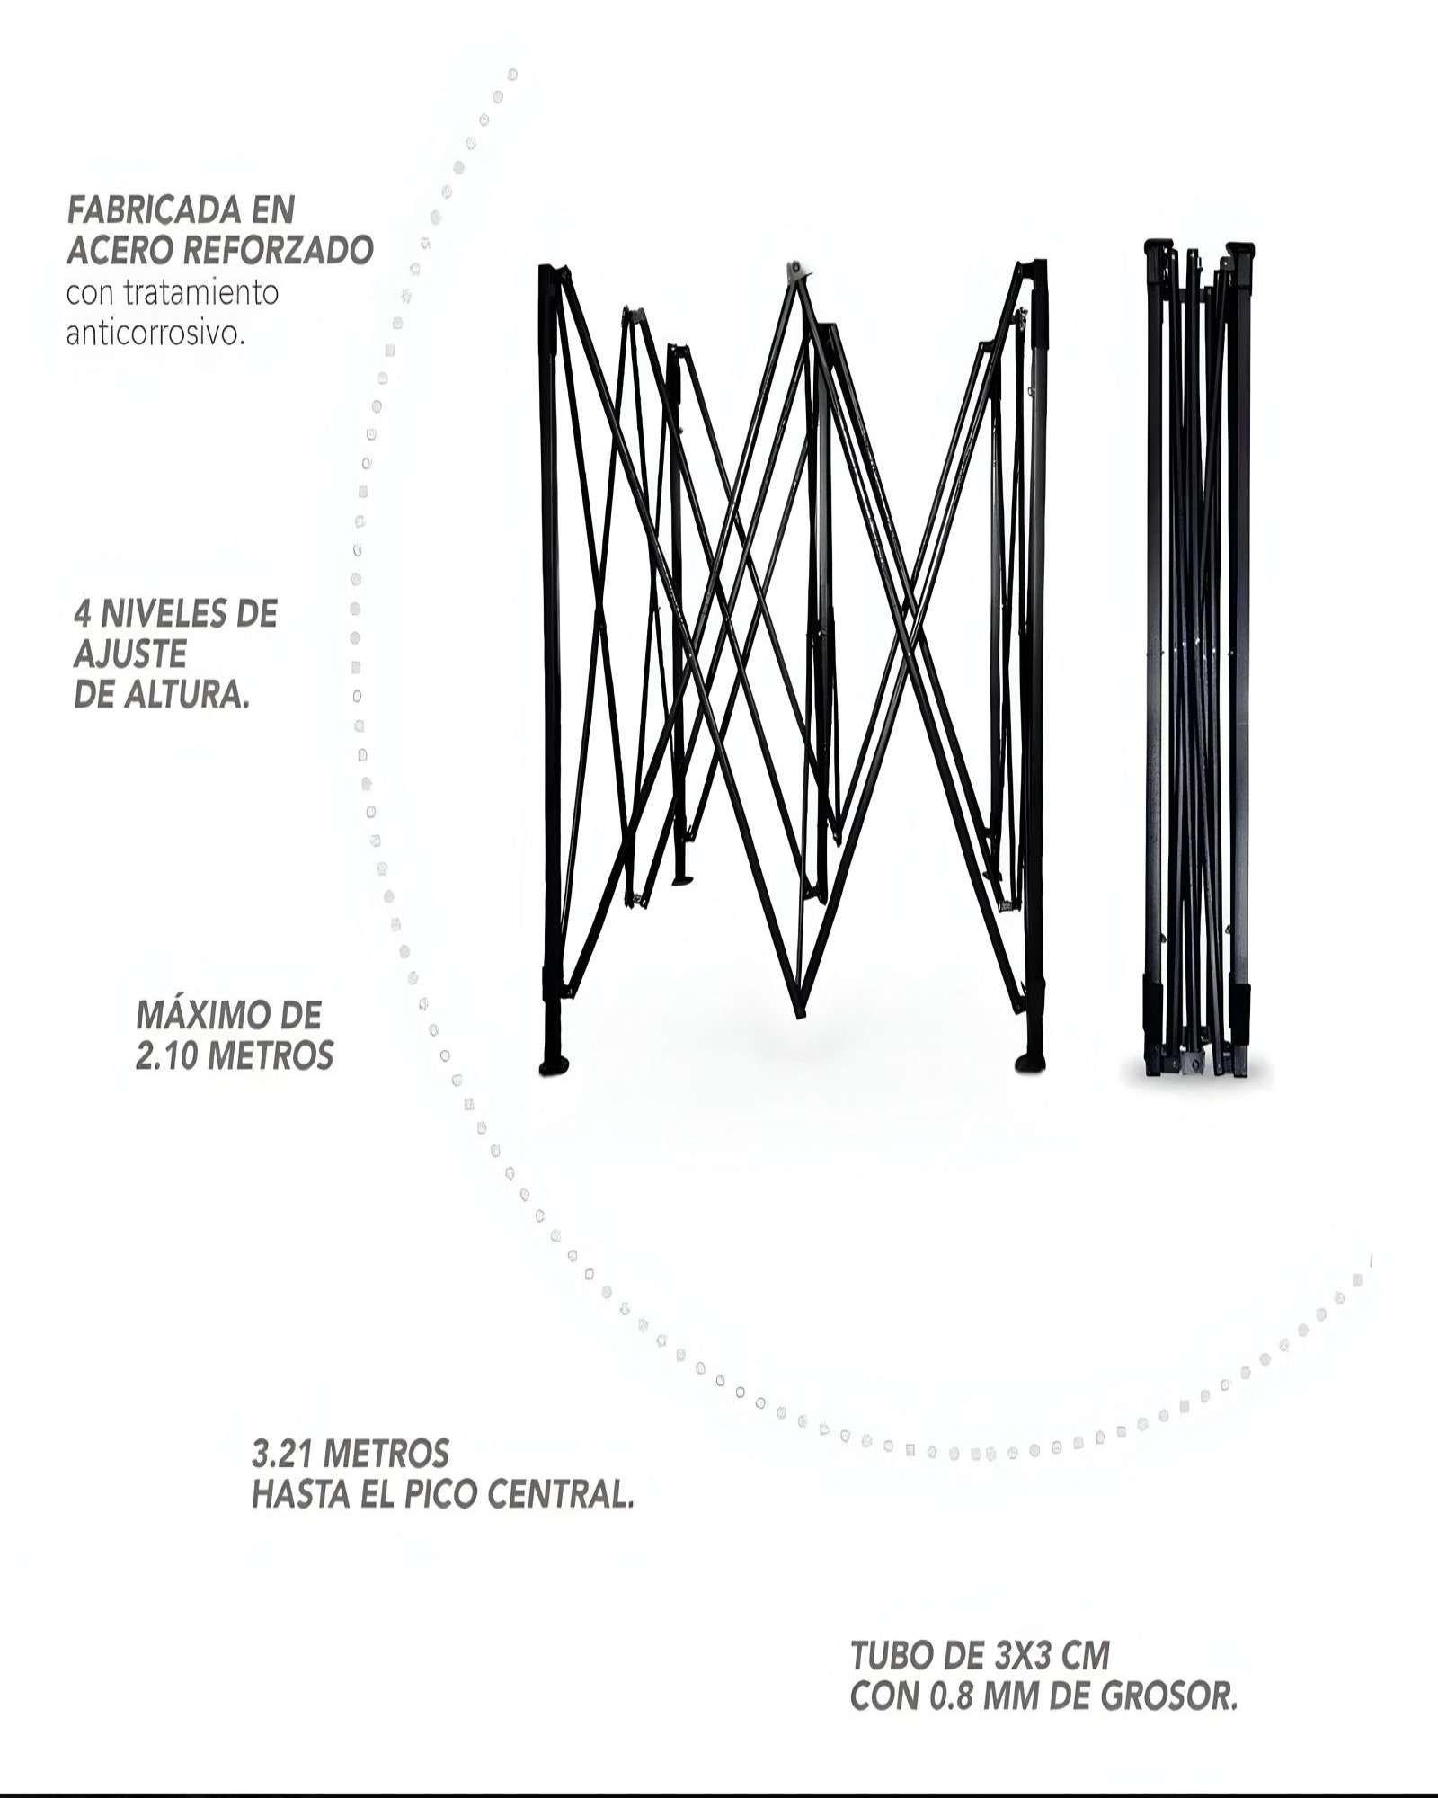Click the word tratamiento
point(203,292)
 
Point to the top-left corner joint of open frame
point(550,273)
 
